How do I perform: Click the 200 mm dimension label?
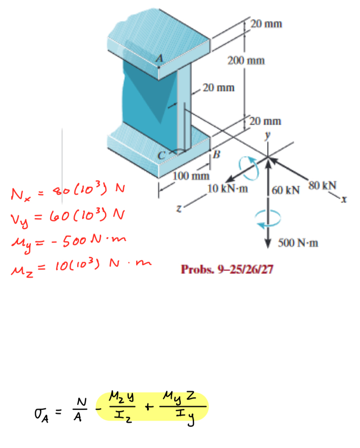coord(246,61)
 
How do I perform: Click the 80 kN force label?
coord(322,186)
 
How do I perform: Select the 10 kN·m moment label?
coord(227,189)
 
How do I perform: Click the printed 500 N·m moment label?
coord(298,243)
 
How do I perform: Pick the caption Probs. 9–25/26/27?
coord(227,270)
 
